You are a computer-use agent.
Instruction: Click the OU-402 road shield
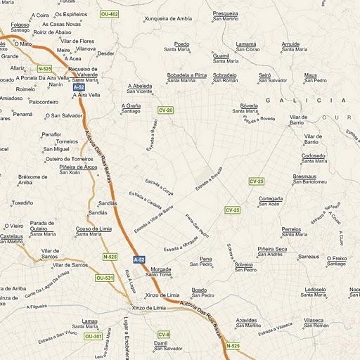[x=109, y=14]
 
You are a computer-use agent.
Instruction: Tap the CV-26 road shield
[x=166, y=110]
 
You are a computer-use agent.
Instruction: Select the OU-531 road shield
[x=104, y=278]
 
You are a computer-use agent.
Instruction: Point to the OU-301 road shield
[x=94, y=337]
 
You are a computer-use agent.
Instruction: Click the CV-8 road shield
[x=164, y=334]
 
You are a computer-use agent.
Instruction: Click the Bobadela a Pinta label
[x=186, y=75]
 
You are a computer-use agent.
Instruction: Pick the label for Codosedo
[x=313, y=155]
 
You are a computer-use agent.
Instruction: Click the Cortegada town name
[x=271, y=198]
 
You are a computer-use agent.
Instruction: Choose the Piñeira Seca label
[x=272, y=249]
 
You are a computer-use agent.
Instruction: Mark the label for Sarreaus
[x=309, y=257]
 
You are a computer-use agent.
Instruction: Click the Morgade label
[x=160, y=269]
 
